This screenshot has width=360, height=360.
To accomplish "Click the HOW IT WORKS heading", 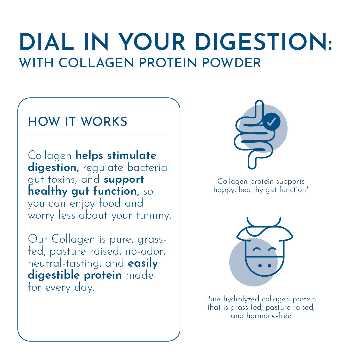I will pyautogui.click(x=78, y=122).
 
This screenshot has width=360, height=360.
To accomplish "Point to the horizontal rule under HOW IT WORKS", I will pyautogui.click(x=97, y=134).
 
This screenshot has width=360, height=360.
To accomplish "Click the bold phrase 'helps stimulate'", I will pyautogui.click(x=116, y=156).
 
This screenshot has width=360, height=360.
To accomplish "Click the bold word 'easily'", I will pyautogui.click(x=143, y=263).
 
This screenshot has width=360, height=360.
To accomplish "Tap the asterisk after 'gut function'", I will pyautogui.click(x=307, y=189).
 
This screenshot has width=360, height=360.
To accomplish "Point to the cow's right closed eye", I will pyautogui.click(x=272, y=249).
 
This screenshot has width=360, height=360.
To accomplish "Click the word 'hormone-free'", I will pyautogui.click(x=269, y=316).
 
